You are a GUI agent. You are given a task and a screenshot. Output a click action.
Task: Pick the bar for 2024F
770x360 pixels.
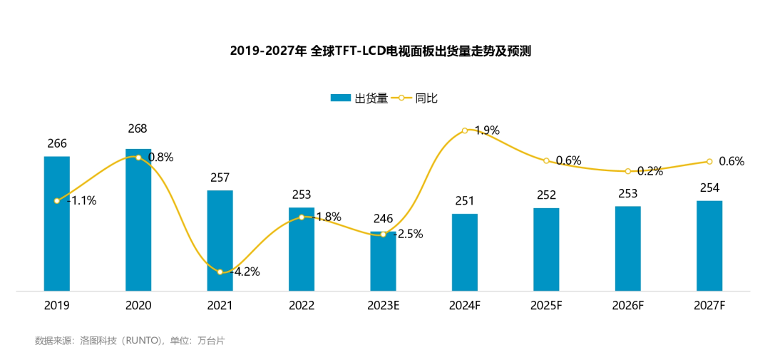[465, 252]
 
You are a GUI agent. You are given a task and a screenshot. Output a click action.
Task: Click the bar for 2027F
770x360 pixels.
[709, 246]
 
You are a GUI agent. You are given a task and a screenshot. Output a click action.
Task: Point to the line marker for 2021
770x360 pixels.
[220, 272]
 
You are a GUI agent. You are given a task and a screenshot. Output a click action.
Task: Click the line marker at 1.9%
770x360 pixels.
[465, 130]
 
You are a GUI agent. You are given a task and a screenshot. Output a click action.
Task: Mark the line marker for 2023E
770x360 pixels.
[383, 234]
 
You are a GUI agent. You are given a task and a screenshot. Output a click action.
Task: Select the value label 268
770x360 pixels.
[138, 129]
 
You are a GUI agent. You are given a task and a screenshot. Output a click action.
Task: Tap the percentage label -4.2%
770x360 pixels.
[245, 272]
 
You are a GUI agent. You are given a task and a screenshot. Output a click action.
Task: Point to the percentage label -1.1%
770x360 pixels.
[81, 201]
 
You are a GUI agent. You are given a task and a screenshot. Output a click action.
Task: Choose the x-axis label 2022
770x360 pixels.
[302, 305]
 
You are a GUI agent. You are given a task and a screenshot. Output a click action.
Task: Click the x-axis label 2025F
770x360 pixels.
[546, 305]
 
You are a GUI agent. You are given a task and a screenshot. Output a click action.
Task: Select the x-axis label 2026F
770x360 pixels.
[628, 305]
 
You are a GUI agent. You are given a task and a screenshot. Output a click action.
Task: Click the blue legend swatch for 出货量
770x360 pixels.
[341, 98]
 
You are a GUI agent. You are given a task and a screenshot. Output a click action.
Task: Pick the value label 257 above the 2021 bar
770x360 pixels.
[220, 178]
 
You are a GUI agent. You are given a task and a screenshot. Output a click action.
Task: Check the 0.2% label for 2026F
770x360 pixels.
[650, 171]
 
